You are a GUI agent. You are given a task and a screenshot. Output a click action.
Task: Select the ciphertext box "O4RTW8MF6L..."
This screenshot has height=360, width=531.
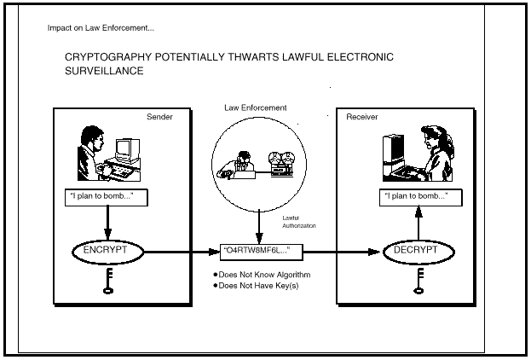261,252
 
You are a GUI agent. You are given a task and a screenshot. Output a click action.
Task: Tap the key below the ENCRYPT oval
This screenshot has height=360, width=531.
108,279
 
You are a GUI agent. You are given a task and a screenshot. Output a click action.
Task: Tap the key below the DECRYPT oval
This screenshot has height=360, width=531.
418,279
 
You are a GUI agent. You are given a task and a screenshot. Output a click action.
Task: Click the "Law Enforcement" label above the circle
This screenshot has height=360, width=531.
256,108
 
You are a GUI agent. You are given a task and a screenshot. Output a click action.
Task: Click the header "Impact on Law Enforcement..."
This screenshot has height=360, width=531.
101,28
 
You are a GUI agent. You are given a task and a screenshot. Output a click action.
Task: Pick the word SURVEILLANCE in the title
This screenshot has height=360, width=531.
103,72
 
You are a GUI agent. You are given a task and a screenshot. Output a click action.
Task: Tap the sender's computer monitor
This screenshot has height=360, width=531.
128,147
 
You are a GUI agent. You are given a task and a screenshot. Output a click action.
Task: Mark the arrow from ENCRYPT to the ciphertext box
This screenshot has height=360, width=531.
179,252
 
